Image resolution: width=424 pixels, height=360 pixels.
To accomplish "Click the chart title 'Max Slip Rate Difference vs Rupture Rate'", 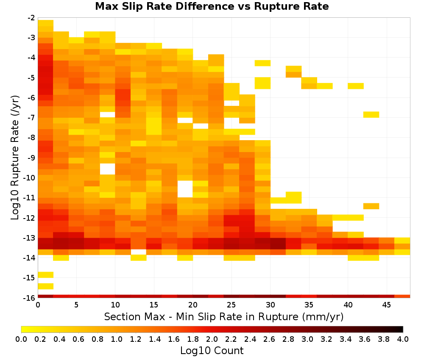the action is [x=212, y=6].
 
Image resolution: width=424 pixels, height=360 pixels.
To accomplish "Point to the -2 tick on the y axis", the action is [x=31, y=18].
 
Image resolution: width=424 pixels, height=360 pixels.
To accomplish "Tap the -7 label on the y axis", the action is [x=31, y=118].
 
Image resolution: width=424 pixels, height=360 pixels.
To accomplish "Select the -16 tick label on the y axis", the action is [x=30, y=298].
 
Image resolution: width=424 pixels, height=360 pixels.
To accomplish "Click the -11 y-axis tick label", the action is [x=30, y=198].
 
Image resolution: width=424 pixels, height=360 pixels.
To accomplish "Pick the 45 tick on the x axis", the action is [x=386, y=305].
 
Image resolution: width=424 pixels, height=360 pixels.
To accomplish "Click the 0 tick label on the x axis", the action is [x=38, y=305].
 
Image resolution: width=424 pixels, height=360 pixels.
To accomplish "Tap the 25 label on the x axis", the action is [x=232, y=305].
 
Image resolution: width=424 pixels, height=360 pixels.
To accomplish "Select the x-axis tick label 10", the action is [x=115, y=305].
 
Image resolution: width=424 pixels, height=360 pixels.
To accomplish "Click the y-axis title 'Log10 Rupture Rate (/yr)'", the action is [x=15, y=158].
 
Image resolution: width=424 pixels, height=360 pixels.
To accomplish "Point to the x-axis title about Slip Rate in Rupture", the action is [x=224, y=316].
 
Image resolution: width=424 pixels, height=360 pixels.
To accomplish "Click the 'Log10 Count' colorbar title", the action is [x=212, y=351].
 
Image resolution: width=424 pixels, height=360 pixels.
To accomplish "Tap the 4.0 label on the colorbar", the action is [x=403, y=339].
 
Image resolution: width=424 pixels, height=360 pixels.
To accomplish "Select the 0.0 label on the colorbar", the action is [x=21, y=339].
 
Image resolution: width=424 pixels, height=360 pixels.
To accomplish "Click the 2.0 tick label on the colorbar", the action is [x=212, y=339].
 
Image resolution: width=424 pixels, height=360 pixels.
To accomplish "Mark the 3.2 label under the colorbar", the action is [x=326, y=339].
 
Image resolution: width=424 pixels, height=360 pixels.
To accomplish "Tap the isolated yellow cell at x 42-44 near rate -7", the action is [x=371, y=114].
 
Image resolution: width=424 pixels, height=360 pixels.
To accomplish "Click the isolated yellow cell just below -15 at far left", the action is [x=45, y=286].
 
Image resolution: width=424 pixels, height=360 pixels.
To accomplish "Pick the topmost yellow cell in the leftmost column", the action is [x=45, y=23].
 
